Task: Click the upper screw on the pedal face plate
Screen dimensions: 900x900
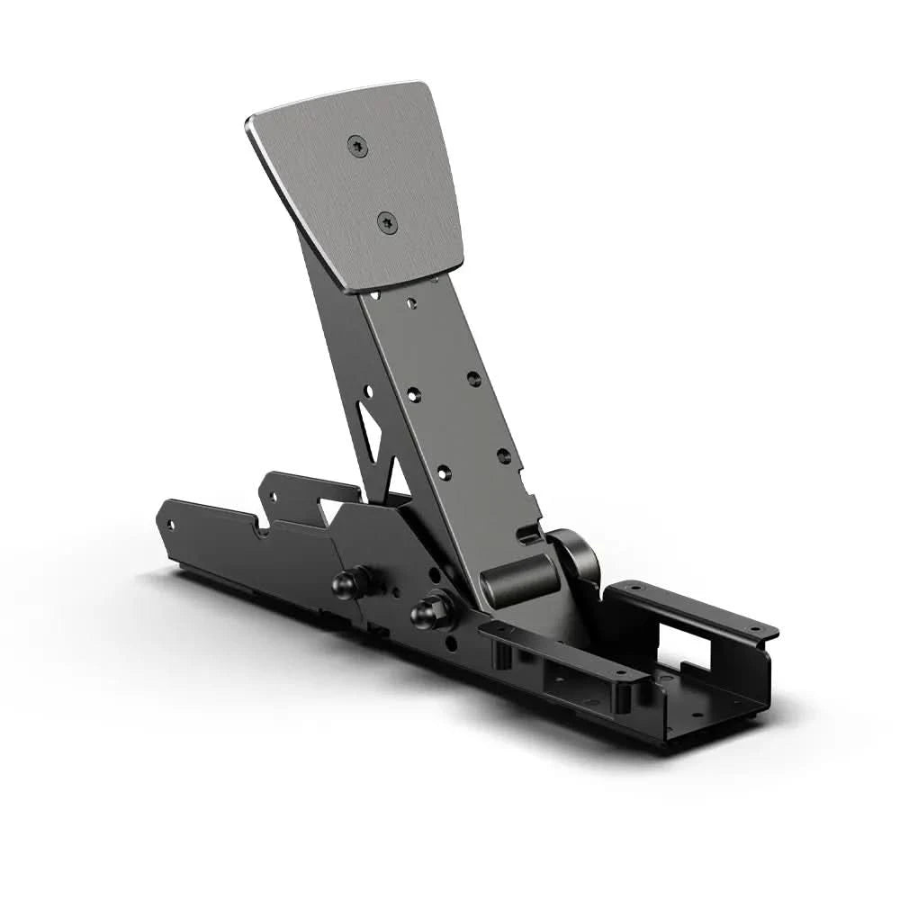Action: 358,147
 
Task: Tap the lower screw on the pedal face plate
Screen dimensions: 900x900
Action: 387,220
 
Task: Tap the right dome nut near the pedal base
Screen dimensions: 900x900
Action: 425,614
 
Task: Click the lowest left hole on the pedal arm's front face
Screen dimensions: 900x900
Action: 443,471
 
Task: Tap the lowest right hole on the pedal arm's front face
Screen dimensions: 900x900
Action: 503,455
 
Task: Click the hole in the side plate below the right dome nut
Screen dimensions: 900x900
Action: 450,644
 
